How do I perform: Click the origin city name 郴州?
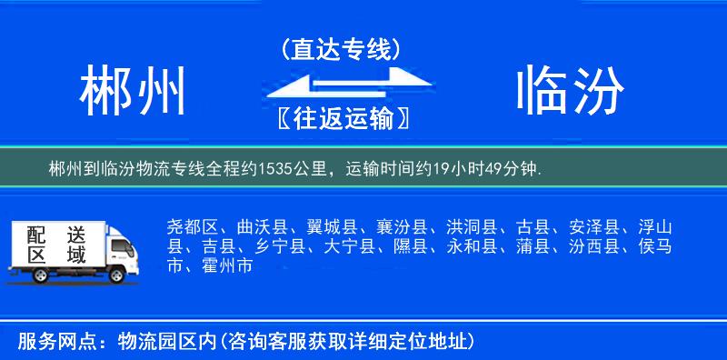(x=133, y=92)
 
